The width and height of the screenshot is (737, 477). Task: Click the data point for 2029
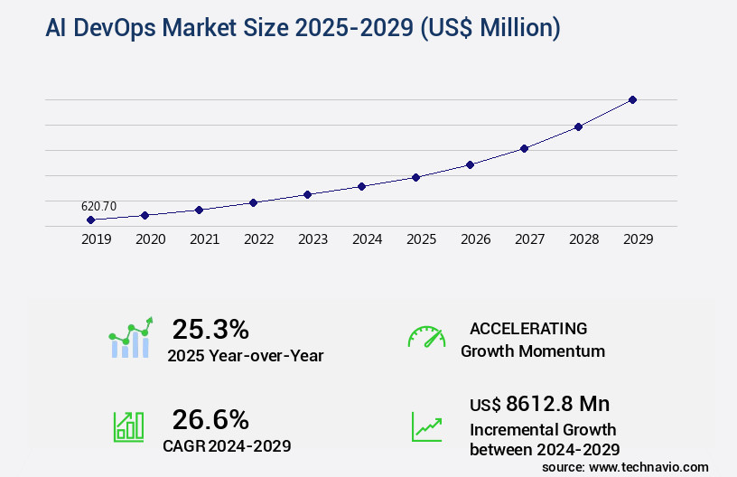632,99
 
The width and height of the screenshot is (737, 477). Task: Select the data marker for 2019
90,220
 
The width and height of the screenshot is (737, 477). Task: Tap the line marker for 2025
415,177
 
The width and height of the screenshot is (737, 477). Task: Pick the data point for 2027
524,148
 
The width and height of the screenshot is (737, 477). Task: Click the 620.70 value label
98,206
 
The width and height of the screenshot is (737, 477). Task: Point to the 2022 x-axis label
258,239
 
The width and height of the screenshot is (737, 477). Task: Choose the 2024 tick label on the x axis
367,239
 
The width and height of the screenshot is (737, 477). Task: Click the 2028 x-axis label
583,239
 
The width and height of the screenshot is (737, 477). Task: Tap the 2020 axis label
150,239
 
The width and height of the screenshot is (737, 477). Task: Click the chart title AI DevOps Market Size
303,29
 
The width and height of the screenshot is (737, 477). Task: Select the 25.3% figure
210,329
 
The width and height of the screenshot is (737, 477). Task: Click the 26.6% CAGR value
210,419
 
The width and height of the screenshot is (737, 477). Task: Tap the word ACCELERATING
528,329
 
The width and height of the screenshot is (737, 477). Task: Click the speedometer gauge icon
426,336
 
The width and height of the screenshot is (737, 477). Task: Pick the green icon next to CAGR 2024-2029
128,426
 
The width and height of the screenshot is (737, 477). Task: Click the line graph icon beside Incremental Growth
426,426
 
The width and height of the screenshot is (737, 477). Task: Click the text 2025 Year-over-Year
245,356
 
